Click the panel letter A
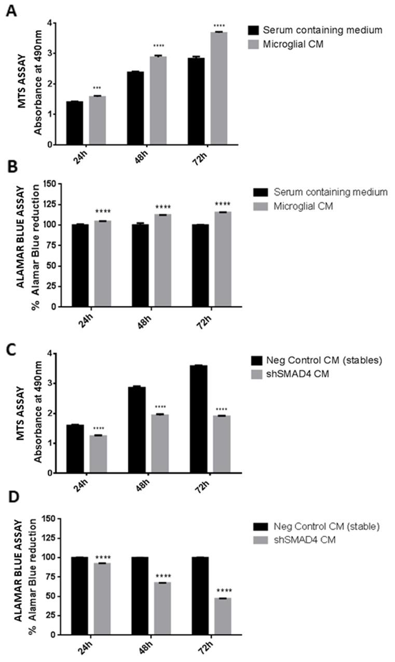coord(10,10)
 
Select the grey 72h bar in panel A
coord(219,88)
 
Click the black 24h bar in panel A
coord(74,123)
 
